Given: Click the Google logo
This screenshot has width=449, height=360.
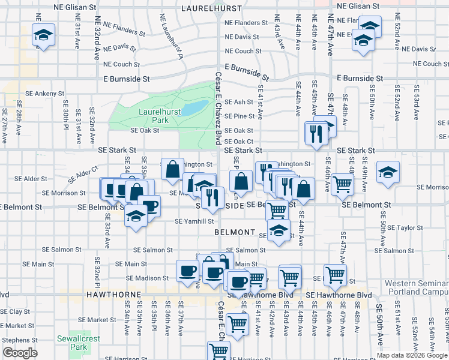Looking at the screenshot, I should click(19, 353).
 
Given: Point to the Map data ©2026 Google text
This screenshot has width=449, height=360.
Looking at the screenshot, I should click(412, 355).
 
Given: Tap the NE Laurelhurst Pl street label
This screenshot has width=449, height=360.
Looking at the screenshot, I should click(171, 37).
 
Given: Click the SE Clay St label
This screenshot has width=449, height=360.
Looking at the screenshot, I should click(15, 311).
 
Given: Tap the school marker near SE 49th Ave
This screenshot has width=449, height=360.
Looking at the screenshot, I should click(388, 171).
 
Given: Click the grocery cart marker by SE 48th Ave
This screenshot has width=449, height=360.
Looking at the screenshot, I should click(342, 184).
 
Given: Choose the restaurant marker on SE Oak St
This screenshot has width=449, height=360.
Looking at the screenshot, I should click(315, 133).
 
